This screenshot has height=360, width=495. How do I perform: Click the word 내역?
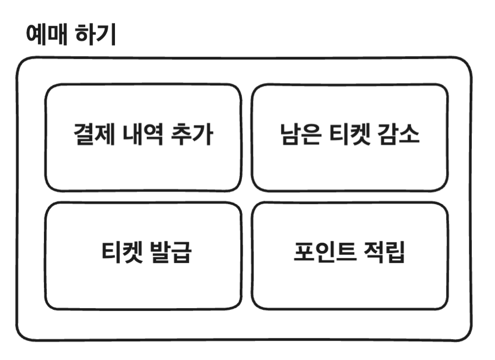click(144, 135)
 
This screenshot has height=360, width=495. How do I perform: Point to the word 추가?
click(194, 135)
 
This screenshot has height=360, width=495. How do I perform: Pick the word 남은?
click(298, 135)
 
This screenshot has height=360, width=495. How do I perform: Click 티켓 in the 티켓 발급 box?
click(122, 253)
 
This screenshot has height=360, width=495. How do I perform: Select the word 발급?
click(171, 253)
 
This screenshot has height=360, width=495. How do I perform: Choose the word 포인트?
click(322, 253)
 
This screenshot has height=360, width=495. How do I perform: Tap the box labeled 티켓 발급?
click(143, 286)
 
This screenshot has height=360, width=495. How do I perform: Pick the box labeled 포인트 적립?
click(349, 286)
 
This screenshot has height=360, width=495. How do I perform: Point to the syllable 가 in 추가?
click(204, 135)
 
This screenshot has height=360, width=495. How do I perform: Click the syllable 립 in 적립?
click(395, 253)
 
